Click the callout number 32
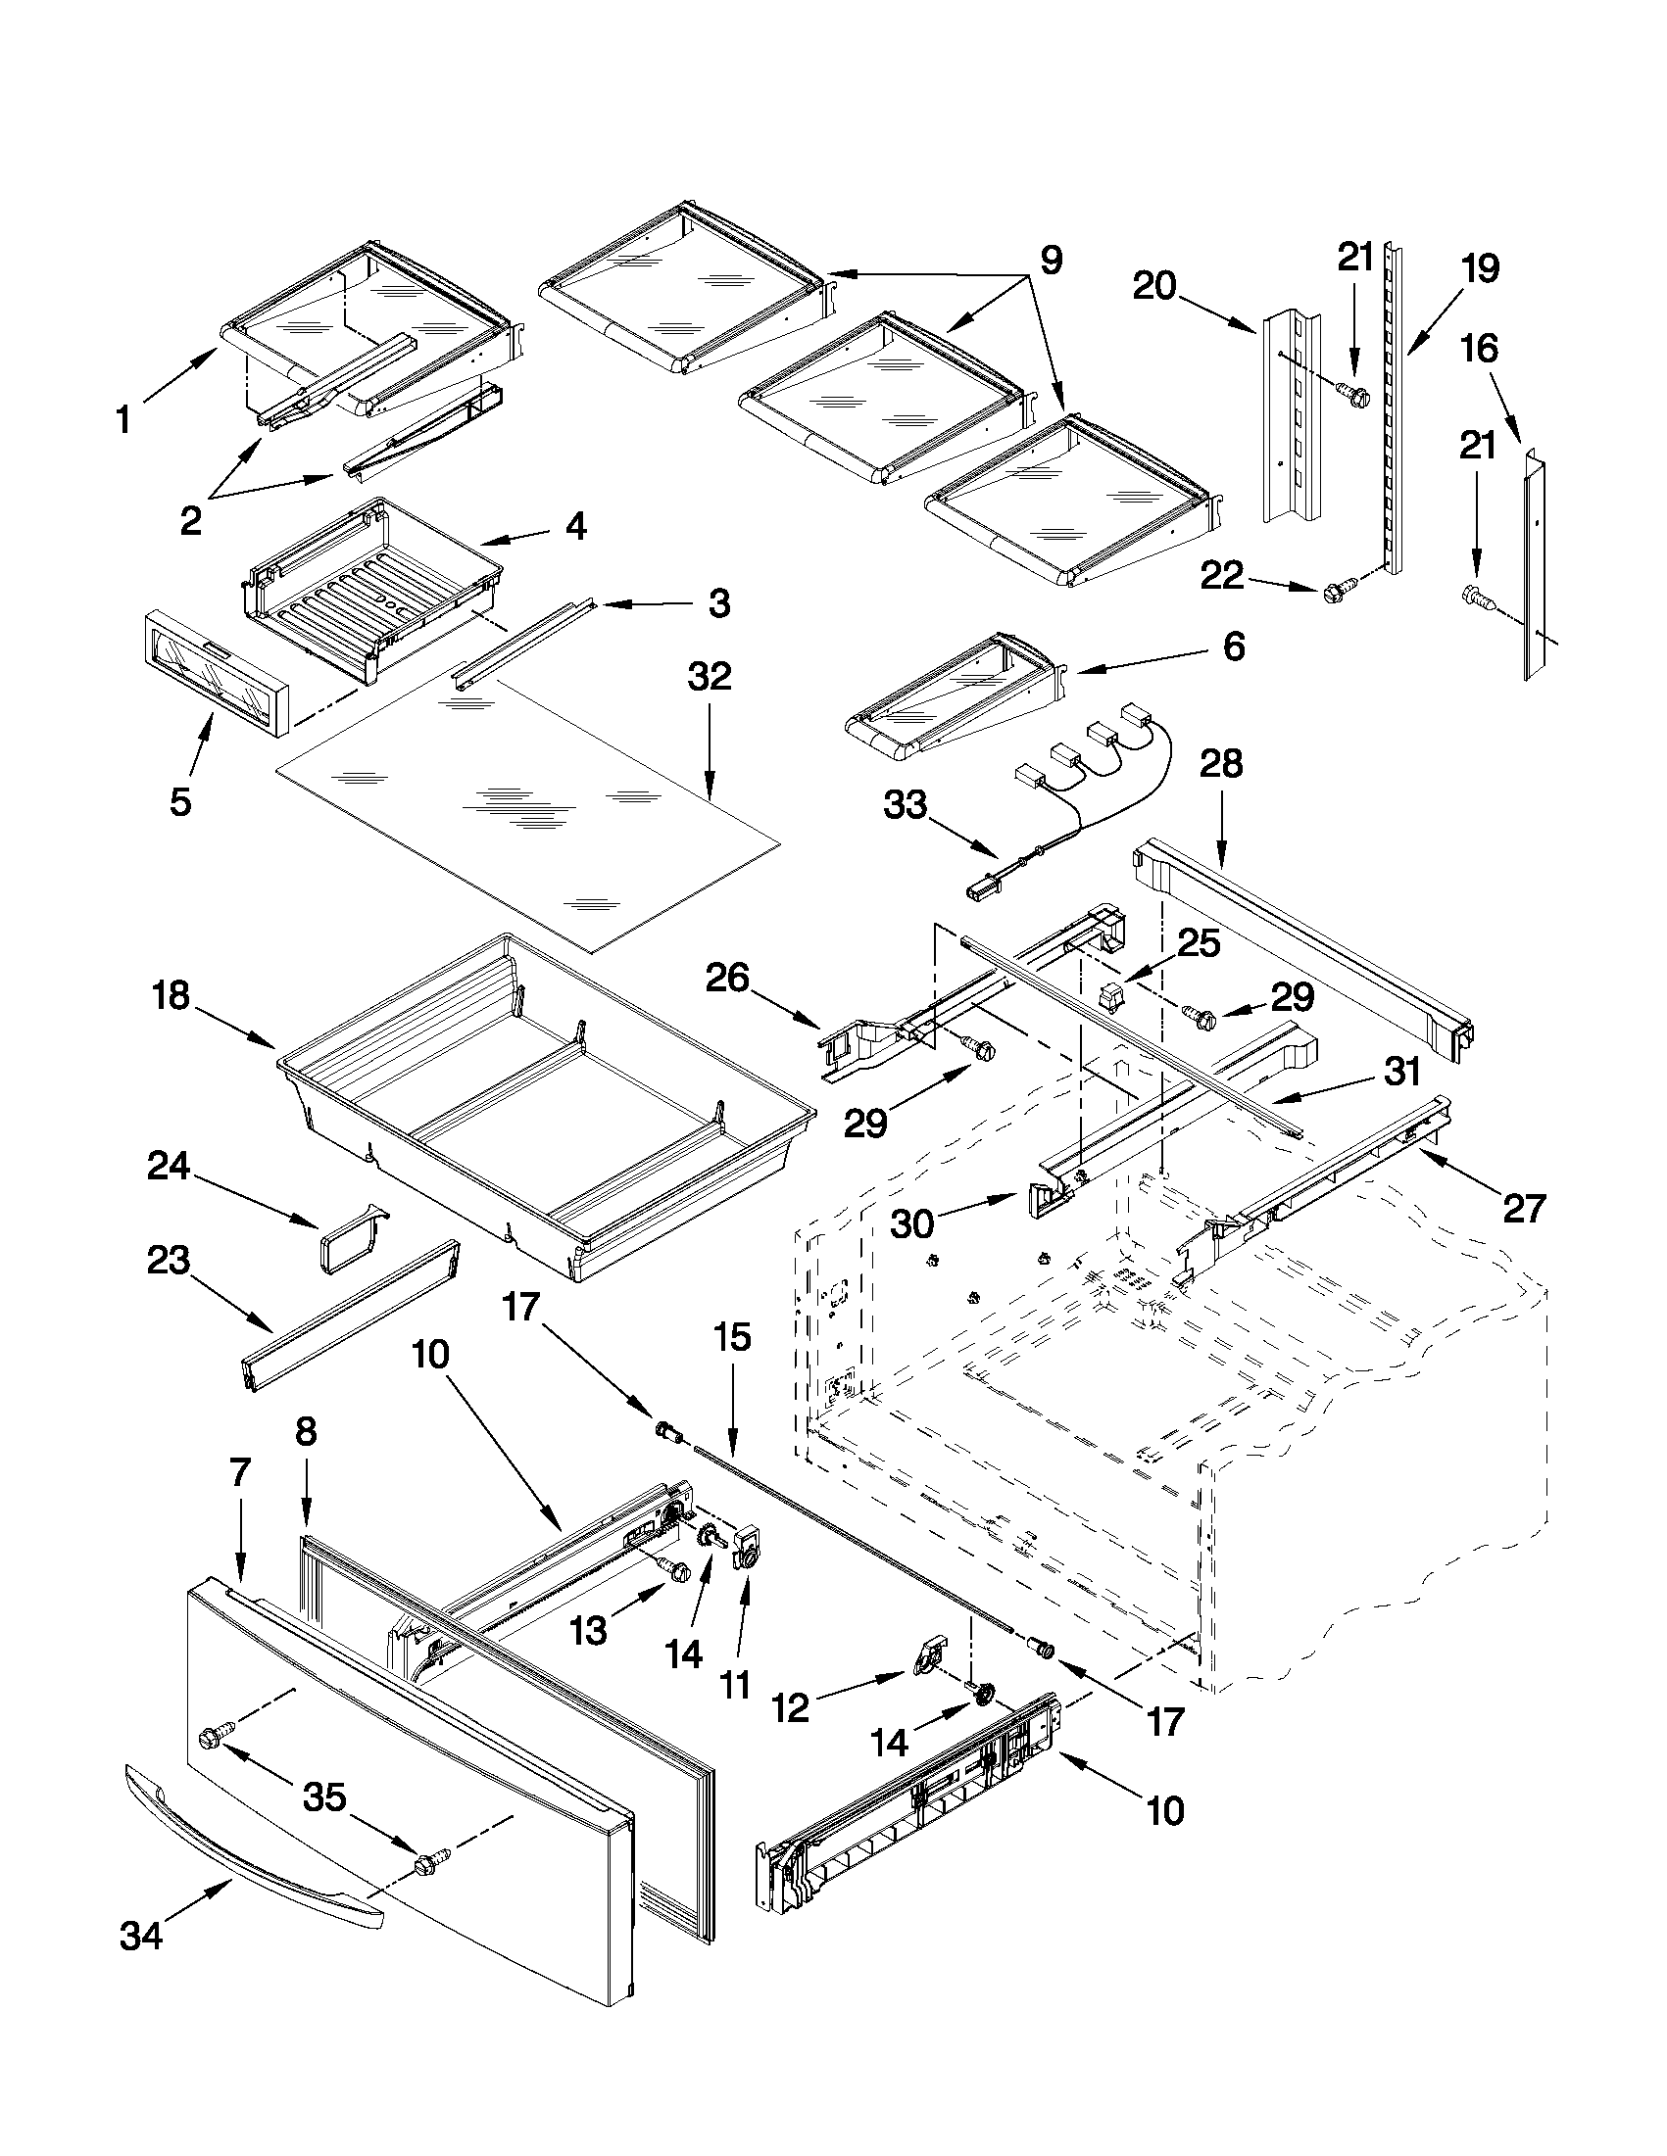click(x=710, y=677)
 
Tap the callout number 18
click(x=171, y=996)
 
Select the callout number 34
click(x=141, y=1937)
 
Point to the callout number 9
click(x=1051, y=261)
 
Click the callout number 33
click(x=906, y=804)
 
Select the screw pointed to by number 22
click(x=1330, y=592)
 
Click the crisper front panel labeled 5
click(x=215, y=671)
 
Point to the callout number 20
click(x=1154, y=286)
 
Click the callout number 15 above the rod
click(x=732, y=1338)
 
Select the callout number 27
click(x=1523, y=1208)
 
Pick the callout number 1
click(x=123, y=420)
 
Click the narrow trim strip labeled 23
click(x=351, y=1315)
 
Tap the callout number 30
click(x=912, y=1223)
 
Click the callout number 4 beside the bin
click(x=575, y=526)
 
